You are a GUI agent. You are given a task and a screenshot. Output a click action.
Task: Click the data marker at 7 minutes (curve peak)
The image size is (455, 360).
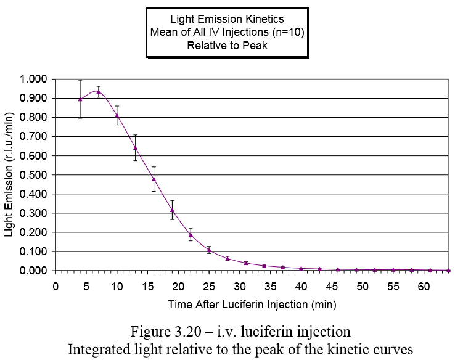click(99, 91)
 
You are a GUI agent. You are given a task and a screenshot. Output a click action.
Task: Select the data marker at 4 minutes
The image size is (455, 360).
click(80, 99)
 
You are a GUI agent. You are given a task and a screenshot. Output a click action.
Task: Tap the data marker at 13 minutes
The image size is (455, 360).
click(135, 147)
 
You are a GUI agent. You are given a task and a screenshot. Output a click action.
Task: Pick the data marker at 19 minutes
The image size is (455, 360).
click(172, 210)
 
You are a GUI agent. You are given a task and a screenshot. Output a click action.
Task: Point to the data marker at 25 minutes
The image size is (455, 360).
click(209, 250)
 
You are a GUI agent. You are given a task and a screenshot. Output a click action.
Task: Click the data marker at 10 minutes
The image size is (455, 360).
click(117, 115)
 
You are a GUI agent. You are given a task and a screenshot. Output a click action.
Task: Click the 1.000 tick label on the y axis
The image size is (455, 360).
click(35, 80)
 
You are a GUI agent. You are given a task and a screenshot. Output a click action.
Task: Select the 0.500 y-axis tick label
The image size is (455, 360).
click(35, 175)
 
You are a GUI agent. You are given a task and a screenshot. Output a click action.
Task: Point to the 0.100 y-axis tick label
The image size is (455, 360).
click(35, 252)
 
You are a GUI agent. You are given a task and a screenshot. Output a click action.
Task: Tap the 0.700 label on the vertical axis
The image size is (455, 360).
click(35, 137)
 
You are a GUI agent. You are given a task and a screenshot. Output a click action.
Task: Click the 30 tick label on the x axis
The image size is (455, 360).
click(239, 287)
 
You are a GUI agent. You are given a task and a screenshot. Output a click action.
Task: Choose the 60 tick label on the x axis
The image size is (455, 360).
click(424, 287)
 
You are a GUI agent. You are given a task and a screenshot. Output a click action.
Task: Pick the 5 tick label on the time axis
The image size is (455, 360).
click(86, 287)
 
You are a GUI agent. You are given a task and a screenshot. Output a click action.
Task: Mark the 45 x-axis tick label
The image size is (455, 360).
click(332, 287)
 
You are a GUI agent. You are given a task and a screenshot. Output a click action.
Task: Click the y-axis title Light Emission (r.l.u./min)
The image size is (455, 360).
click(9, 175)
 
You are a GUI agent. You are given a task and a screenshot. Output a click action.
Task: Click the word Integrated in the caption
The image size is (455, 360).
click(99, 348)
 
